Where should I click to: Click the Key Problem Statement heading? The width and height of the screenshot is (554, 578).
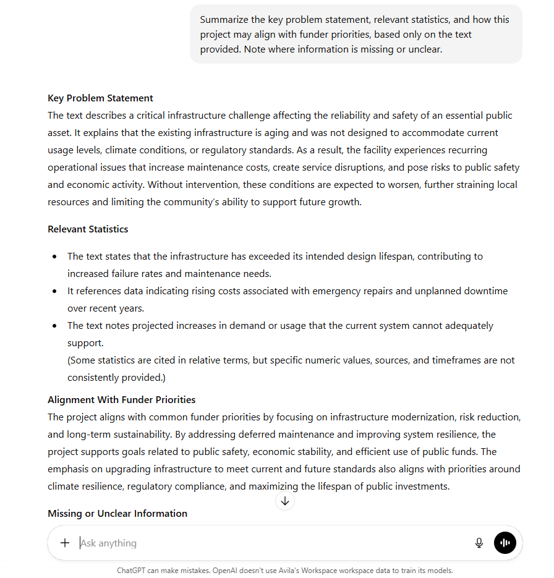point(100,98)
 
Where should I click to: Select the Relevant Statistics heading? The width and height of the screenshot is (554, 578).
point(88,229)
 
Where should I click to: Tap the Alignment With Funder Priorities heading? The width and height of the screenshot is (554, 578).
point(121,400)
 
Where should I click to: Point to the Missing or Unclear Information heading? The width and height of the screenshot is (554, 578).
point(117,514)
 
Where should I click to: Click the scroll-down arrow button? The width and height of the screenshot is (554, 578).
point(285,501)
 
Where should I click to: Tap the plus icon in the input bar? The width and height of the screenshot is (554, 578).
point(65,543)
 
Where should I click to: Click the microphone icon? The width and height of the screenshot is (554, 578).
point(479,543)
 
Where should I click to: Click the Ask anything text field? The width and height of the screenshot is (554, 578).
point(247,543)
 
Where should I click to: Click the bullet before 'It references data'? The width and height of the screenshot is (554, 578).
point(56,291)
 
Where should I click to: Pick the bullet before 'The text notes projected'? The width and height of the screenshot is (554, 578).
point(56,326)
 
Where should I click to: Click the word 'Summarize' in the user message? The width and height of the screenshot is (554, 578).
point(224,20)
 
